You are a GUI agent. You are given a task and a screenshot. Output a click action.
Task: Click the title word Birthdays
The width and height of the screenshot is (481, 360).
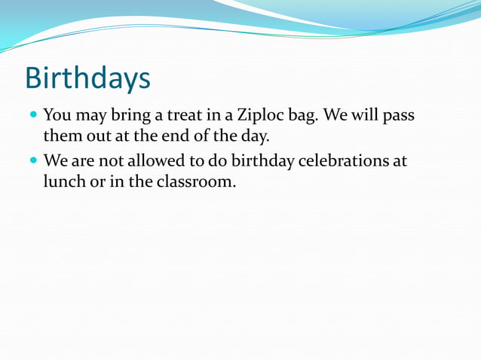[x=87, y=78]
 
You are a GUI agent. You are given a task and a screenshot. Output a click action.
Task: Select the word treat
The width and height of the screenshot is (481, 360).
[x=178, y=117]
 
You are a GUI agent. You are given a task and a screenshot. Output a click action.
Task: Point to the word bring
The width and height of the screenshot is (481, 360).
[x=131, y=117]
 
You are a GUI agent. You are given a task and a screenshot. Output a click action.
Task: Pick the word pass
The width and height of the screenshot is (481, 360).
[x=398, y=117]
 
